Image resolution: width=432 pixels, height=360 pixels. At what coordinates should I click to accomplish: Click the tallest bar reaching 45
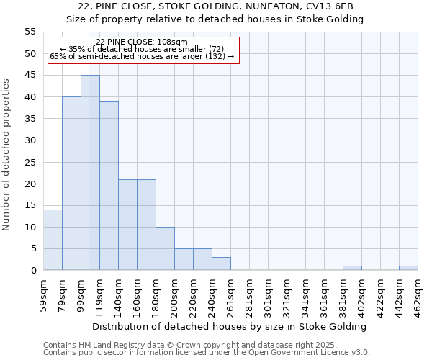click(90, 173)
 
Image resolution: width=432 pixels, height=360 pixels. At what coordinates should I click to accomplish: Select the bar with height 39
click(109, 186)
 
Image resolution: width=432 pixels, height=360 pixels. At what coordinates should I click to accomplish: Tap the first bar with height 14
click(53, 240)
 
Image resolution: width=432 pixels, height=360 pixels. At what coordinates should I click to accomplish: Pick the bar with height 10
click(165, 248)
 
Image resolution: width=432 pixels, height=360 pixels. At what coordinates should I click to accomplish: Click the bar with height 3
click(221, 264)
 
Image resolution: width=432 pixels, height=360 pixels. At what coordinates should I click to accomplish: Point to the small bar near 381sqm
click(352, 268)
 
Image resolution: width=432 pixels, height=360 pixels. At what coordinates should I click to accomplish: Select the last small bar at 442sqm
click(408, 268)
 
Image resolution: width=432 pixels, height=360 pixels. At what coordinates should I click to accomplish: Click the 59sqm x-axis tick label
click(44, 294)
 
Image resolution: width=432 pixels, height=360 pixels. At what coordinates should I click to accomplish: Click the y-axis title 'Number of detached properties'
click(7, 154)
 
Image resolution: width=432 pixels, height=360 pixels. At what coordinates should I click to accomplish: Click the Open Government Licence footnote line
click(207, 353)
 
